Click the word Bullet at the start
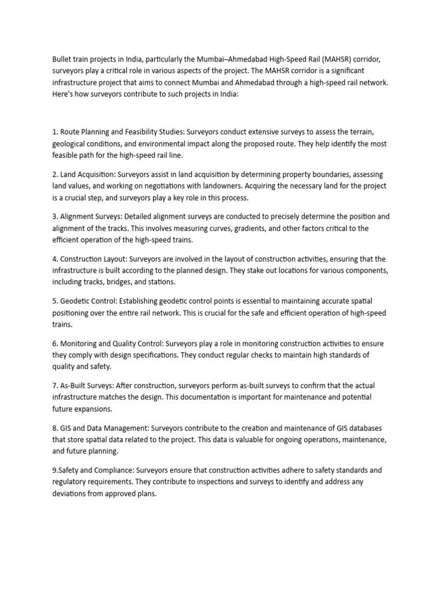(x=62, y=59)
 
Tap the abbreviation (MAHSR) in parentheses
(x=335, y=59)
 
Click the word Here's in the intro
(x=63, y=94)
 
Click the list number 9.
(x=54, y=470)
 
